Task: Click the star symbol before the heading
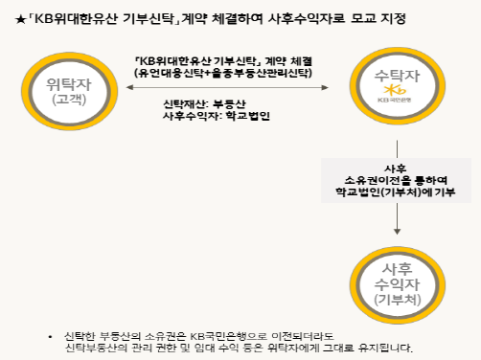(20, 20)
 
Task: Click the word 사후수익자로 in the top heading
(307, 18)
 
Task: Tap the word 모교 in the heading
(363, 18)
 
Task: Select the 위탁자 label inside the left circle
(69, 84)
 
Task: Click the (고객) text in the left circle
(69, 100)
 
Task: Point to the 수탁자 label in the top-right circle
(397, 76)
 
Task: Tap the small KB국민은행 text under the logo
(395, 100)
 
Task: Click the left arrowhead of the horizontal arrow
(129, 87)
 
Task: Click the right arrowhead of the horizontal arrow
(325, 87)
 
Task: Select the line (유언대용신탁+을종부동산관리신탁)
(223, 73)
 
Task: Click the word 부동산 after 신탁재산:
(229, 104)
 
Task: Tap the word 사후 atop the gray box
(396, 169)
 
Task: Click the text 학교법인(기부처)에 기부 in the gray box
(396, 192)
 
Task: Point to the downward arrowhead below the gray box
(397, 232)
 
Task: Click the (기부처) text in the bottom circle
(398, 300)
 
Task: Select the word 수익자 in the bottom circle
(397, 284)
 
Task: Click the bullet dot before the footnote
(50, 337)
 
